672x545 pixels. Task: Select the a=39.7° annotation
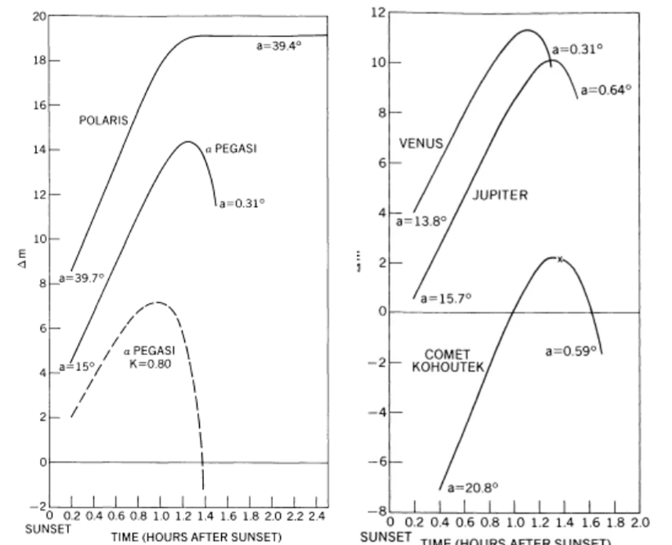click(81, 278)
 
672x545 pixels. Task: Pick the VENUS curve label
click(421, 144)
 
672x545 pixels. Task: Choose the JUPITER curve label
click(499, 195)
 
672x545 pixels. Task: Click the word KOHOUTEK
click(448, 366)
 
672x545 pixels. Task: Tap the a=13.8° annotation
click(420, 222)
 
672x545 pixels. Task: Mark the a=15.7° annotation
click(445, 299)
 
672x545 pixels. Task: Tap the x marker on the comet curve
click(560, 259)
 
